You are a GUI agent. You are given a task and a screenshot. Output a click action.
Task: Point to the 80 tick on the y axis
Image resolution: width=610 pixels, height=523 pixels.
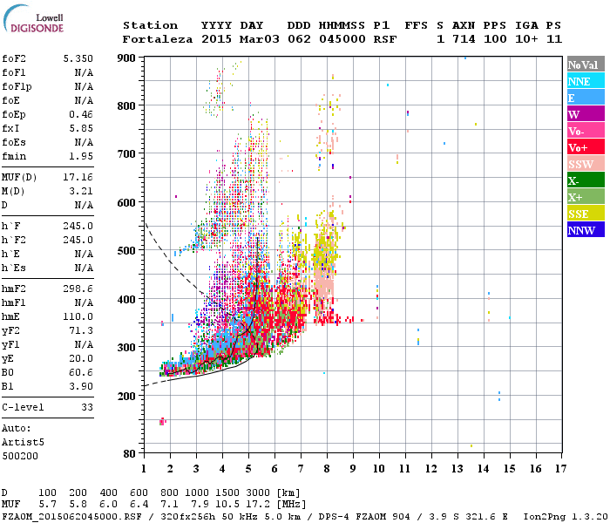[x=130, y=454]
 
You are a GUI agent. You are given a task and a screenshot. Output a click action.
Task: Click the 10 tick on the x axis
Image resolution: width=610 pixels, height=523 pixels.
[x=378, y=470]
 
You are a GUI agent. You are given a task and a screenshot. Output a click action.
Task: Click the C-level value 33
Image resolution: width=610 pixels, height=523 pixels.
[x=86, y=407]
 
